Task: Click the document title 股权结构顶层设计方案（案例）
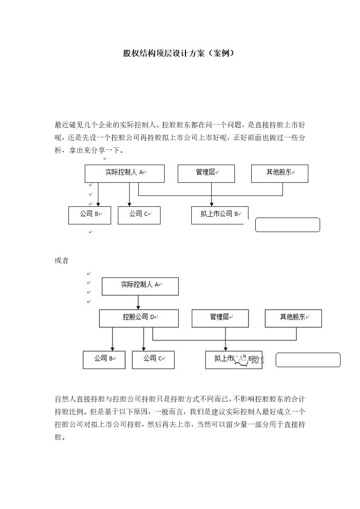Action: tap(180, 53)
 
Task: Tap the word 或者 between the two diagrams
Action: tap(61, 261)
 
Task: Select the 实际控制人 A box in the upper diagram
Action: tap(124, 173)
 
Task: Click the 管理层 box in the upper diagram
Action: tap(206, 173)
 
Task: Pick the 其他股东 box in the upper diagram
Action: tap(279, 173)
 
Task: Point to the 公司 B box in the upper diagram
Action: tap(89, 215)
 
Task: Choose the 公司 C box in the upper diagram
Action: tap(139, 215)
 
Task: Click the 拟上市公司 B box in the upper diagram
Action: tap(220, 215)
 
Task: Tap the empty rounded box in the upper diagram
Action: tap(287, 225)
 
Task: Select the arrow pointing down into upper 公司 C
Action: tap(130, 195)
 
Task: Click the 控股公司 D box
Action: tap(138, 318)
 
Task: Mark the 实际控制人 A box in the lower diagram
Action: tap(140, 286)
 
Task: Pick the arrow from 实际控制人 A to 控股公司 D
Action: tap(138, 302)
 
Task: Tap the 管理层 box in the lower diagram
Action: tap(220, 318)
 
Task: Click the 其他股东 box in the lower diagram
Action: tap(293, 318)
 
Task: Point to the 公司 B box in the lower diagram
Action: tap(104, 359)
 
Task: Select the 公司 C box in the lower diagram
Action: tap(153, 359)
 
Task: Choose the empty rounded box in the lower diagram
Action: tap(308, 359)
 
